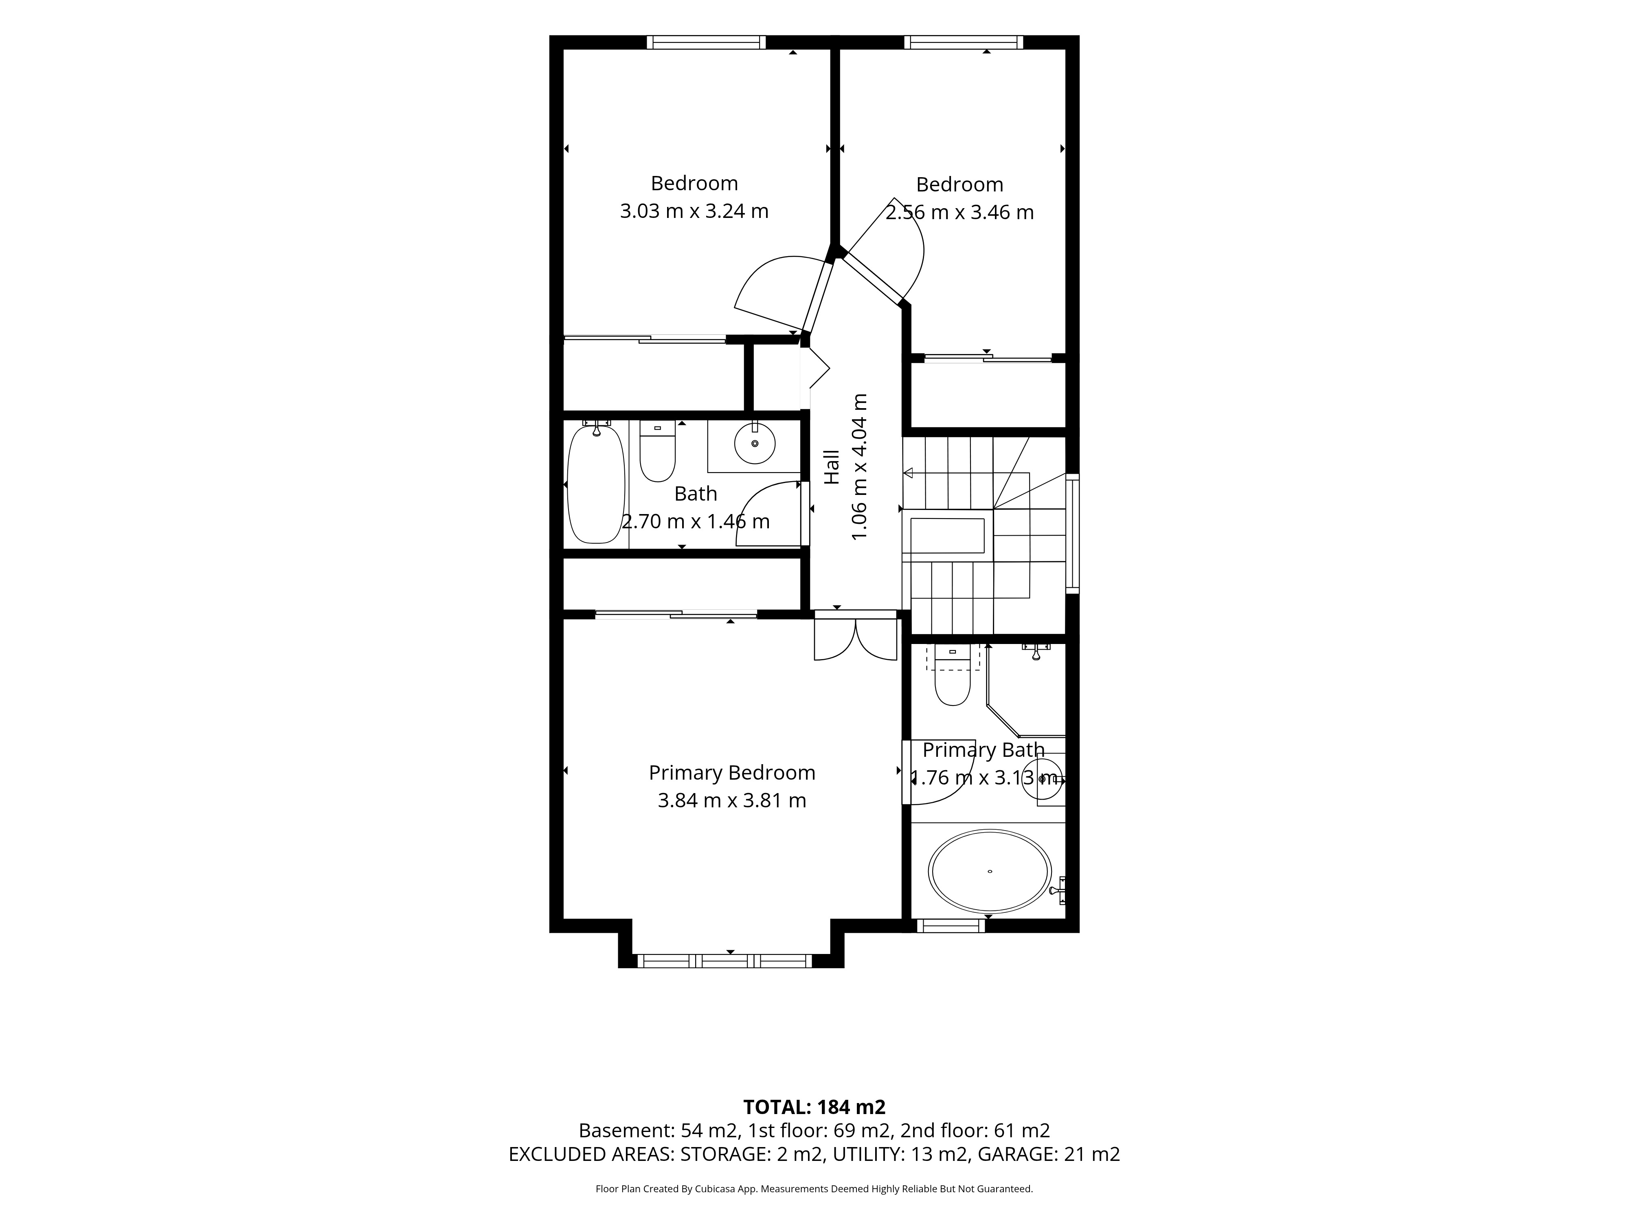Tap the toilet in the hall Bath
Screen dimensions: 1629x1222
point(657,451)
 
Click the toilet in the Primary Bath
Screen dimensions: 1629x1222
point(952,675)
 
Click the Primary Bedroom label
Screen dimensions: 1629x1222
point(732,773)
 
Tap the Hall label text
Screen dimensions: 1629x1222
point(832,467)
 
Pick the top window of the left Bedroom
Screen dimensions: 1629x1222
point(706,42)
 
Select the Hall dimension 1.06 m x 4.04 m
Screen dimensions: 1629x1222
point(858,467)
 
